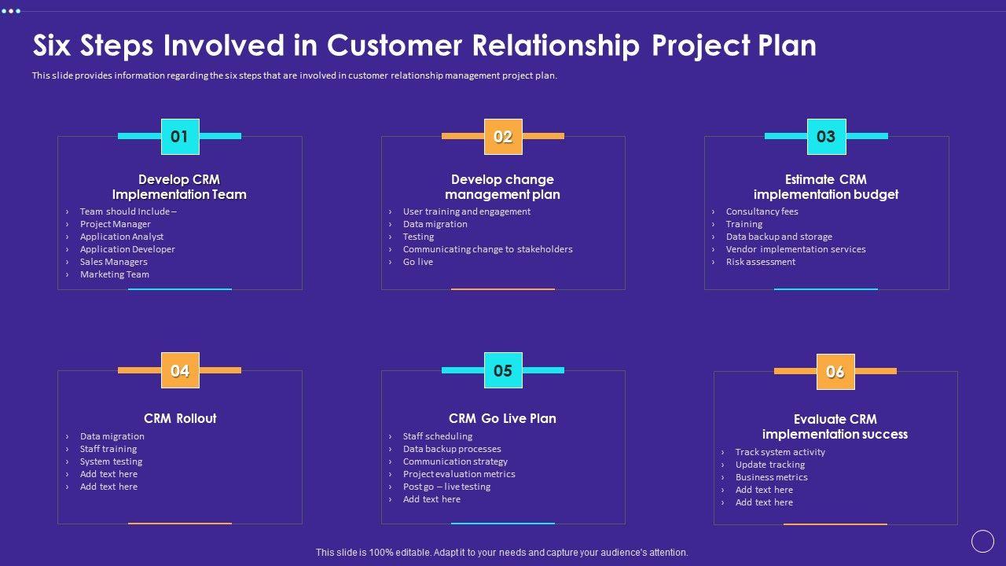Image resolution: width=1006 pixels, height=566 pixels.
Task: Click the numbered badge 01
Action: tap(180, 137)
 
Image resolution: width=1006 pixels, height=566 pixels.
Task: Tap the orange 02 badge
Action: tap(503, 137)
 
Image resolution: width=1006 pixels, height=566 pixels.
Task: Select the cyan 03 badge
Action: tap(826, 137)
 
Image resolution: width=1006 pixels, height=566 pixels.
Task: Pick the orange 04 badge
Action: tap(180, 371)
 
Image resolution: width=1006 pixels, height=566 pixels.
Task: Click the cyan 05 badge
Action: tap(503, 371)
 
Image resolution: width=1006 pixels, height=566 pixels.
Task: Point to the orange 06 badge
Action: tap(835, 372)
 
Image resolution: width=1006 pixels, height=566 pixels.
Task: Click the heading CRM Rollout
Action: tap(180, 418)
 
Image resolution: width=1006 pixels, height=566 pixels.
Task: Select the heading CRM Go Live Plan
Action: tap(502, 418)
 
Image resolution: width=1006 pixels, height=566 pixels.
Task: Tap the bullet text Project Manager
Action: tap(116, 224)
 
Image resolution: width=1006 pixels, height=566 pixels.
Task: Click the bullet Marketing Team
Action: tap(115, 274)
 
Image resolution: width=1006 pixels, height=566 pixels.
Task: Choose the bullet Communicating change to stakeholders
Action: tap(487, 249)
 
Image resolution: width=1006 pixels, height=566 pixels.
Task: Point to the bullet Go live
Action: tap(418, 262)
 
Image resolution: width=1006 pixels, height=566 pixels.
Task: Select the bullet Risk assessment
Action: tap(761, 262)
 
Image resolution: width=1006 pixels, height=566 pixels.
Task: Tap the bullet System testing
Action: tap(111, 461)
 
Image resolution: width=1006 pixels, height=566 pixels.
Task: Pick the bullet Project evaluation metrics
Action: tap(459, 474)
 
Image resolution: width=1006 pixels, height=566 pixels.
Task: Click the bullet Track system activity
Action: tap(780, 452)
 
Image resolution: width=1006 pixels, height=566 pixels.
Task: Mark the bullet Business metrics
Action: tap(771, 477)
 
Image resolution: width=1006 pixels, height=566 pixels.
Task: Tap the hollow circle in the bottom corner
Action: tap(982, 541)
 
